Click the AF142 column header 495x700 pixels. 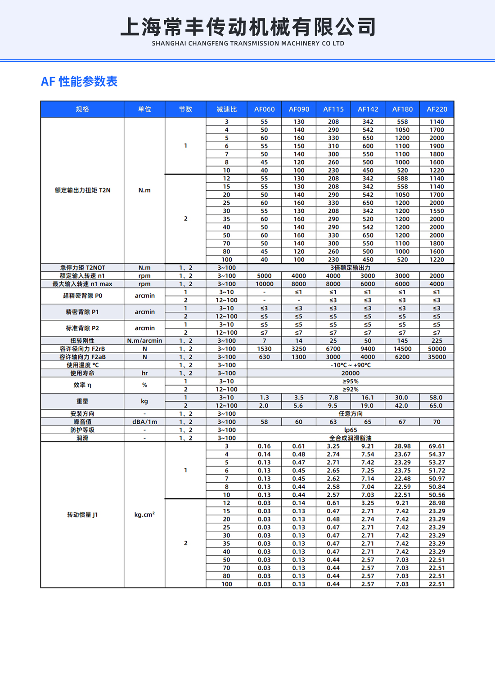[368, 109]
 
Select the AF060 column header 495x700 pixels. [264, 109]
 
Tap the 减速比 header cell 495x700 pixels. [226, 109]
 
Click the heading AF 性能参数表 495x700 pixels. [79, 81]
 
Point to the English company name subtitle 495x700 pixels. [247, 44]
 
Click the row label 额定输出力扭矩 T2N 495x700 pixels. [82, 190]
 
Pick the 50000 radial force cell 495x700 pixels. [436, 349]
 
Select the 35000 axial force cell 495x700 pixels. [436, 357]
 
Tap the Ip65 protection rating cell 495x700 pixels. [350, 430]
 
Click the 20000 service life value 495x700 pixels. [350, 373]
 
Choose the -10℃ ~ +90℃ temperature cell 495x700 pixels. [350, 365]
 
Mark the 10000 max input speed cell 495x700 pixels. [264, 284]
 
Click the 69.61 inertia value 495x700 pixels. [436, 446]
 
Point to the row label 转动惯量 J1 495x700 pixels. [82, 515]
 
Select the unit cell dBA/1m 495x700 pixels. [144, 422]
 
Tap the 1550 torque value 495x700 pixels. [436, 211]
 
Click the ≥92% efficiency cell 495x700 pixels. [350, 389]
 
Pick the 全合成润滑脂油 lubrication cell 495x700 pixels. [350, 438]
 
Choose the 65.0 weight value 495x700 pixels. [436, 405]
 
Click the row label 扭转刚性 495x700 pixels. [82, 341]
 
